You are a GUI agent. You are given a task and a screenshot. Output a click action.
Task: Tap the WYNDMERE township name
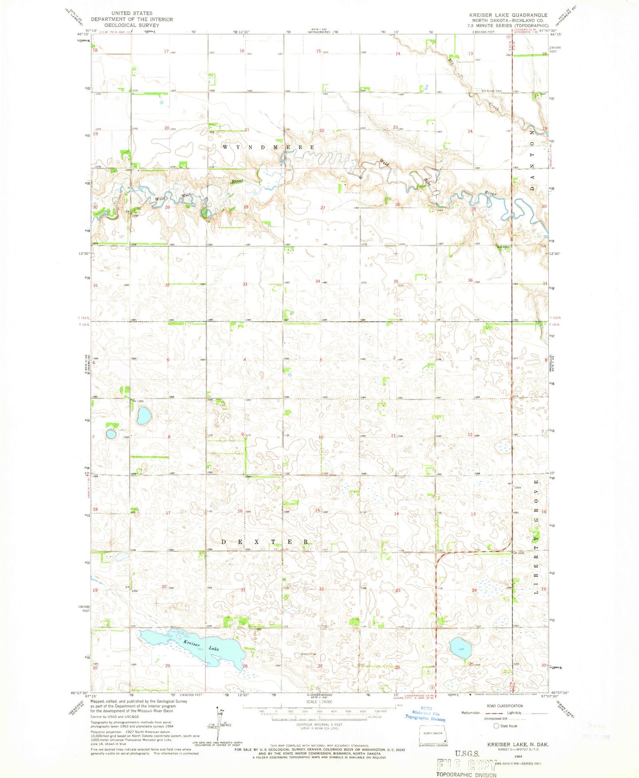click(x=268, y=147)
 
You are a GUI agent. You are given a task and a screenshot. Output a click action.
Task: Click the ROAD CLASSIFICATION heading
click(x=505, y=706)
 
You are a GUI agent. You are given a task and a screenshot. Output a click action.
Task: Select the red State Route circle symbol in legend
click(x=496, y=726)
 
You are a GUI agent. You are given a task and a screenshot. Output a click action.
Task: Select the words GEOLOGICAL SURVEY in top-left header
click(x=132, y=25)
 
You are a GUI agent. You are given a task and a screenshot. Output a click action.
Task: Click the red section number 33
click(x=245, y=284)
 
